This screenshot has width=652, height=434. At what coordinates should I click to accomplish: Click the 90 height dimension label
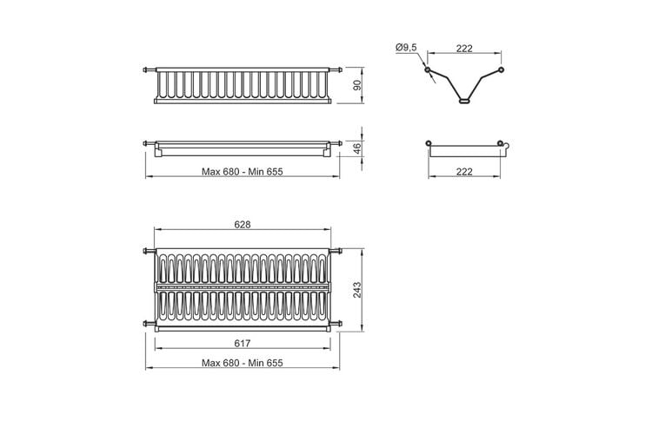click(x=357, y=85)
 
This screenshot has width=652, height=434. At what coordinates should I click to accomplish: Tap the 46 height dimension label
click(x=357, y=148)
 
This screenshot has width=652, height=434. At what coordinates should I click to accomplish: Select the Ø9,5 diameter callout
click(x=406, y=48)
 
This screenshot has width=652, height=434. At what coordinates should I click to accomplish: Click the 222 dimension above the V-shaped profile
click(x=464, y=49)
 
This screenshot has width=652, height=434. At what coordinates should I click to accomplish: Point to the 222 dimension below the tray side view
click(x=464, y=172)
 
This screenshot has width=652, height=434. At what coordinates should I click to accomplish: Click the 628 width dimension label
click(x=243, y=224)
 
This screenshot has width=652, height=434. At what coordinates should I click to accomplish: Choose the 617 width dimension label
click(x=243, y=343)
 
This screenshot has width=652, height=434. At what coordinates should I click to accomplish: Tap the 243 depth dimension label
click(x=357, y=290)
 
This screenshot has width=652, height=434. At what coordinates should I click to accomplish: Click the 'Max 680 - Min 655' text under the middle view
click(x=243, y=172)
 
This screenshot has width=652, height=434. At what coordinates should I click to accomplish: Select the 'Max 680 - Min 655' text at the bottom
click(x=243, y=363)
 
